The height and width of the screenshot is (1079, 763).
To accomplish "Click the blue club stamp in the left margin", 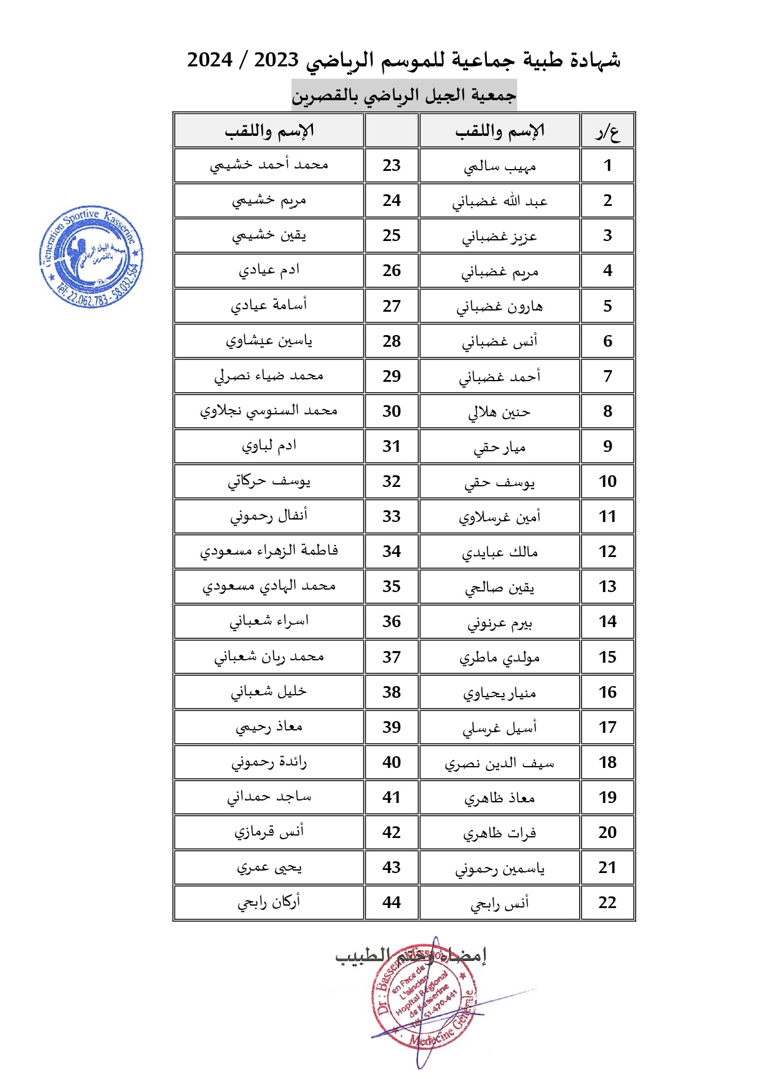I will (x=91, y=256).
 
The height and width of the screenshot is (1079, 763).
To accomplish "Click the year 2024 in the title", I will (x=210, y=60).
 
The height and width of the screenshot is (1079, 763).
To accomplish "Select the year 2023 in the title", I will (x=276, y=60).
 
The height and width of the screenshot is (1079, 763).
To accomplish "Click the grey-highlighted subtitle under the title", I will (x=404, y=95).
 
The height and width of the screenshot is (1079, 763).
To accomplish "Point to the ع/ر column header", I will (x=607, y=131).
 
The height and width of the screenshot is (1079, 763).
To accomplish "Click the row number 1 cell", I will (x=607, y=165).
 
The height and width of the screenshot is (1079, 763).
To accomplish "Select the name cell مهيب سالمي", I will (x=500, y=166).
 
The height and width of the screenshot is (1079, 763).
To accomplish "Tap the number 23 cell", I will (x=392, y=165).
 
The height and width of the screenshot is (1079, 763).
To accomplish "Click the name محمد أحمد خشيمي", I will (x=269, y=165).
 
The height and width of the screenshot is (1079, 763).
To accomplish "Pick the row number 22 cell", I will (x=607, y=903).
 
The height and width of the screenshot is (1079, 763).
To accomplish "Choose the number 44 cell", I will (x=392, y=903).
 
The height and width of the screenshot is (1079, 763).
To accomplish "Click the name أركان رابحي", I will (x=269, y=903).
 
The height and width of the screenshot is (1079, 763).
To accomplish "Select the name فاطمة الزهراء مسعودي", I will (x=269, y=551).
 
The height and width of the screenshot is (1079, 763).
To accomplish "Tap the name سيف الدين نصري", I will (x=500, y=763).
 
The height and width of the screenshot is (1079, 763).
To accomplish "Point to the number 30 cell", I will (x=392, y=411).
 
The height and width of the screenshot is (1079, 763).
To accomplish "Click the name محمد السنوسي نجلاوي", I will (x=269, y=411).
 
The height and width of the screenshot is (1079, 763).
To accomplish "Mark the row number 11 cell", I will (x=607, y=516).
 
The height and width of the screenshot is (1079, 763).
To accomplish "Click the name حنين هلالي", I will (x=500, y=412).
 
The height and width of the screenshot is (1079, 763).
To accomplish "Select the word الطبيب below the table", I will (x=363, y=955).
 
